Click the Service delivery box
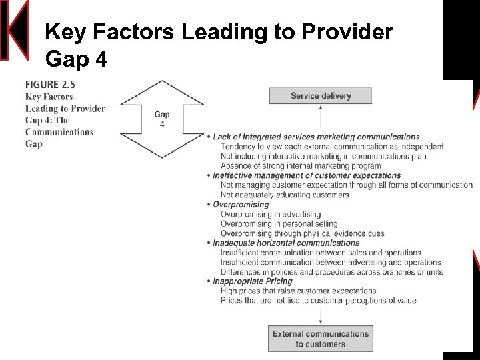pos(320,96)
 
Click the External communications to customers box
pos(320,339)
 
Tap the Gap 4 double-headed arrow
pos(161,119)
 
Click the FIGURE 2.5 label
pos(50,85)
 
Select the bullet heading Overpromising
pos(241,205)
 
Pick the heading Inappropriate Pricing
pos(252,281)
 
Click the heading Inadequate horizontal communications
pos(286,243)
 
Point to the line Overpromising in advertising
pos(270,214)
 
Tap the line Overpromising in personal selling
pos(279,224)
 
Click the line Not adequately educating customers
pos(284,195)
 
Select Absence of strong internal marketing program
pos(300,166)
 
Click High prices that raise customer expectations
pos(298,291)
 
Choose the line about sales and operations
pos(320,253)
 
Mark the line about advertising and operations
pos(330,263)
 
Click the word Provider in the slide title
pos(347,31)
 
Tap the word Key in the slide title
pos(63,31)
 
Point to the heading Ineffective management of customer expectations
pos(307,175)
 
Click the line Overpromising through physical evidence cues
pos(302,233)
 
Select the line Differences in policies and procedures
pos(331,272)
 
